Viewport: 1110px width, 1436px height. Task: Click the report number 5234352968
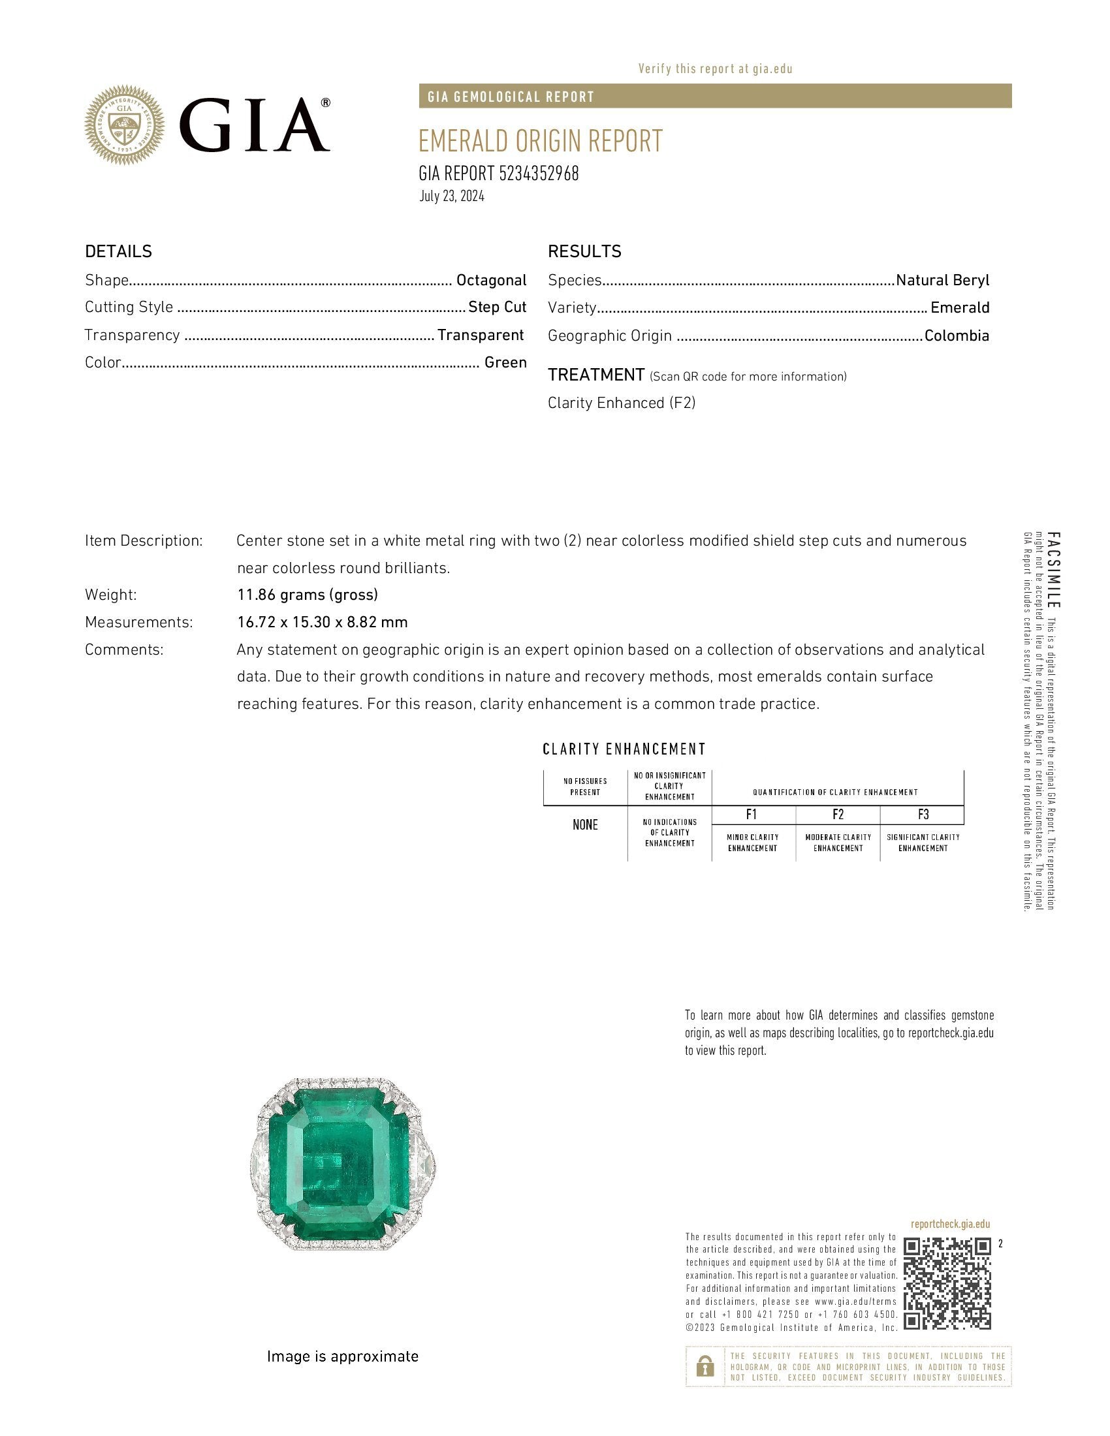point(539,174)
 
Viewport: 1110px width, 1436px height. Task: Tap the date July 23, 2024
point(452,196)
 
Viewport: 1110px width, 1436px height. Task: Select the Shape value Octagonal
point(491,280)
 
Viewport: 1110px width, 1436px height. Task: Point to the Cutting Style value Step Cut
point(497,307)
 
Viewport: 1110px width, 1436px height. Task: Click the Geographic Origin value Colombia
point(957,336)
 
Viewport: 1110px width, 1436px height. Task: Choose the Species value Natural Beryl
point(942,280)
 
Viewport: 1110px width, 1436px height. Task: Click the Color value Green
point(505,362)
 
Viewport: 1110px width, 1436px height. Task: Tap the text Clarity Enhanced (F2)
point(622,403)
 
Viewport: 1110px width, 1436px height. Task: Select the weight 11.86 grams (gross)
point(307,595)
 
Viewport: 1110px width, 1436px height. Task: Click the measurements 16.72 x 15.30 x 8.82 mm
point(322,622)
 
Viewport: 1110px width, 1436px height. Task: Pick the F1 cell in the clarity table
point(752,815)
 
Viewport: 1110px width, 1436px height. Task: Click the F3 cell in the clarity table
point(923,815)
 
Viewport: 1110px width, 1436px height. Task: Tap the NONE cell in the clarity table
point(584,825)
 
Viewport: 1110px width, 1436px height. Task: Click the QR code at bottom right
point(947,1283)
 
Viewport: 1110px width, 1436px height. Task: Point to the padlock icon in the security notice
point(705,1367)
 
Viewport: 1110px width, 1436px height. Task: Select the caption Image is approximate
point(342,1356)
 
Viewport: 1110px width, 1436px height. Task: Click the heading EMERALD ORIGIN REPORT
point(541,141)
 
